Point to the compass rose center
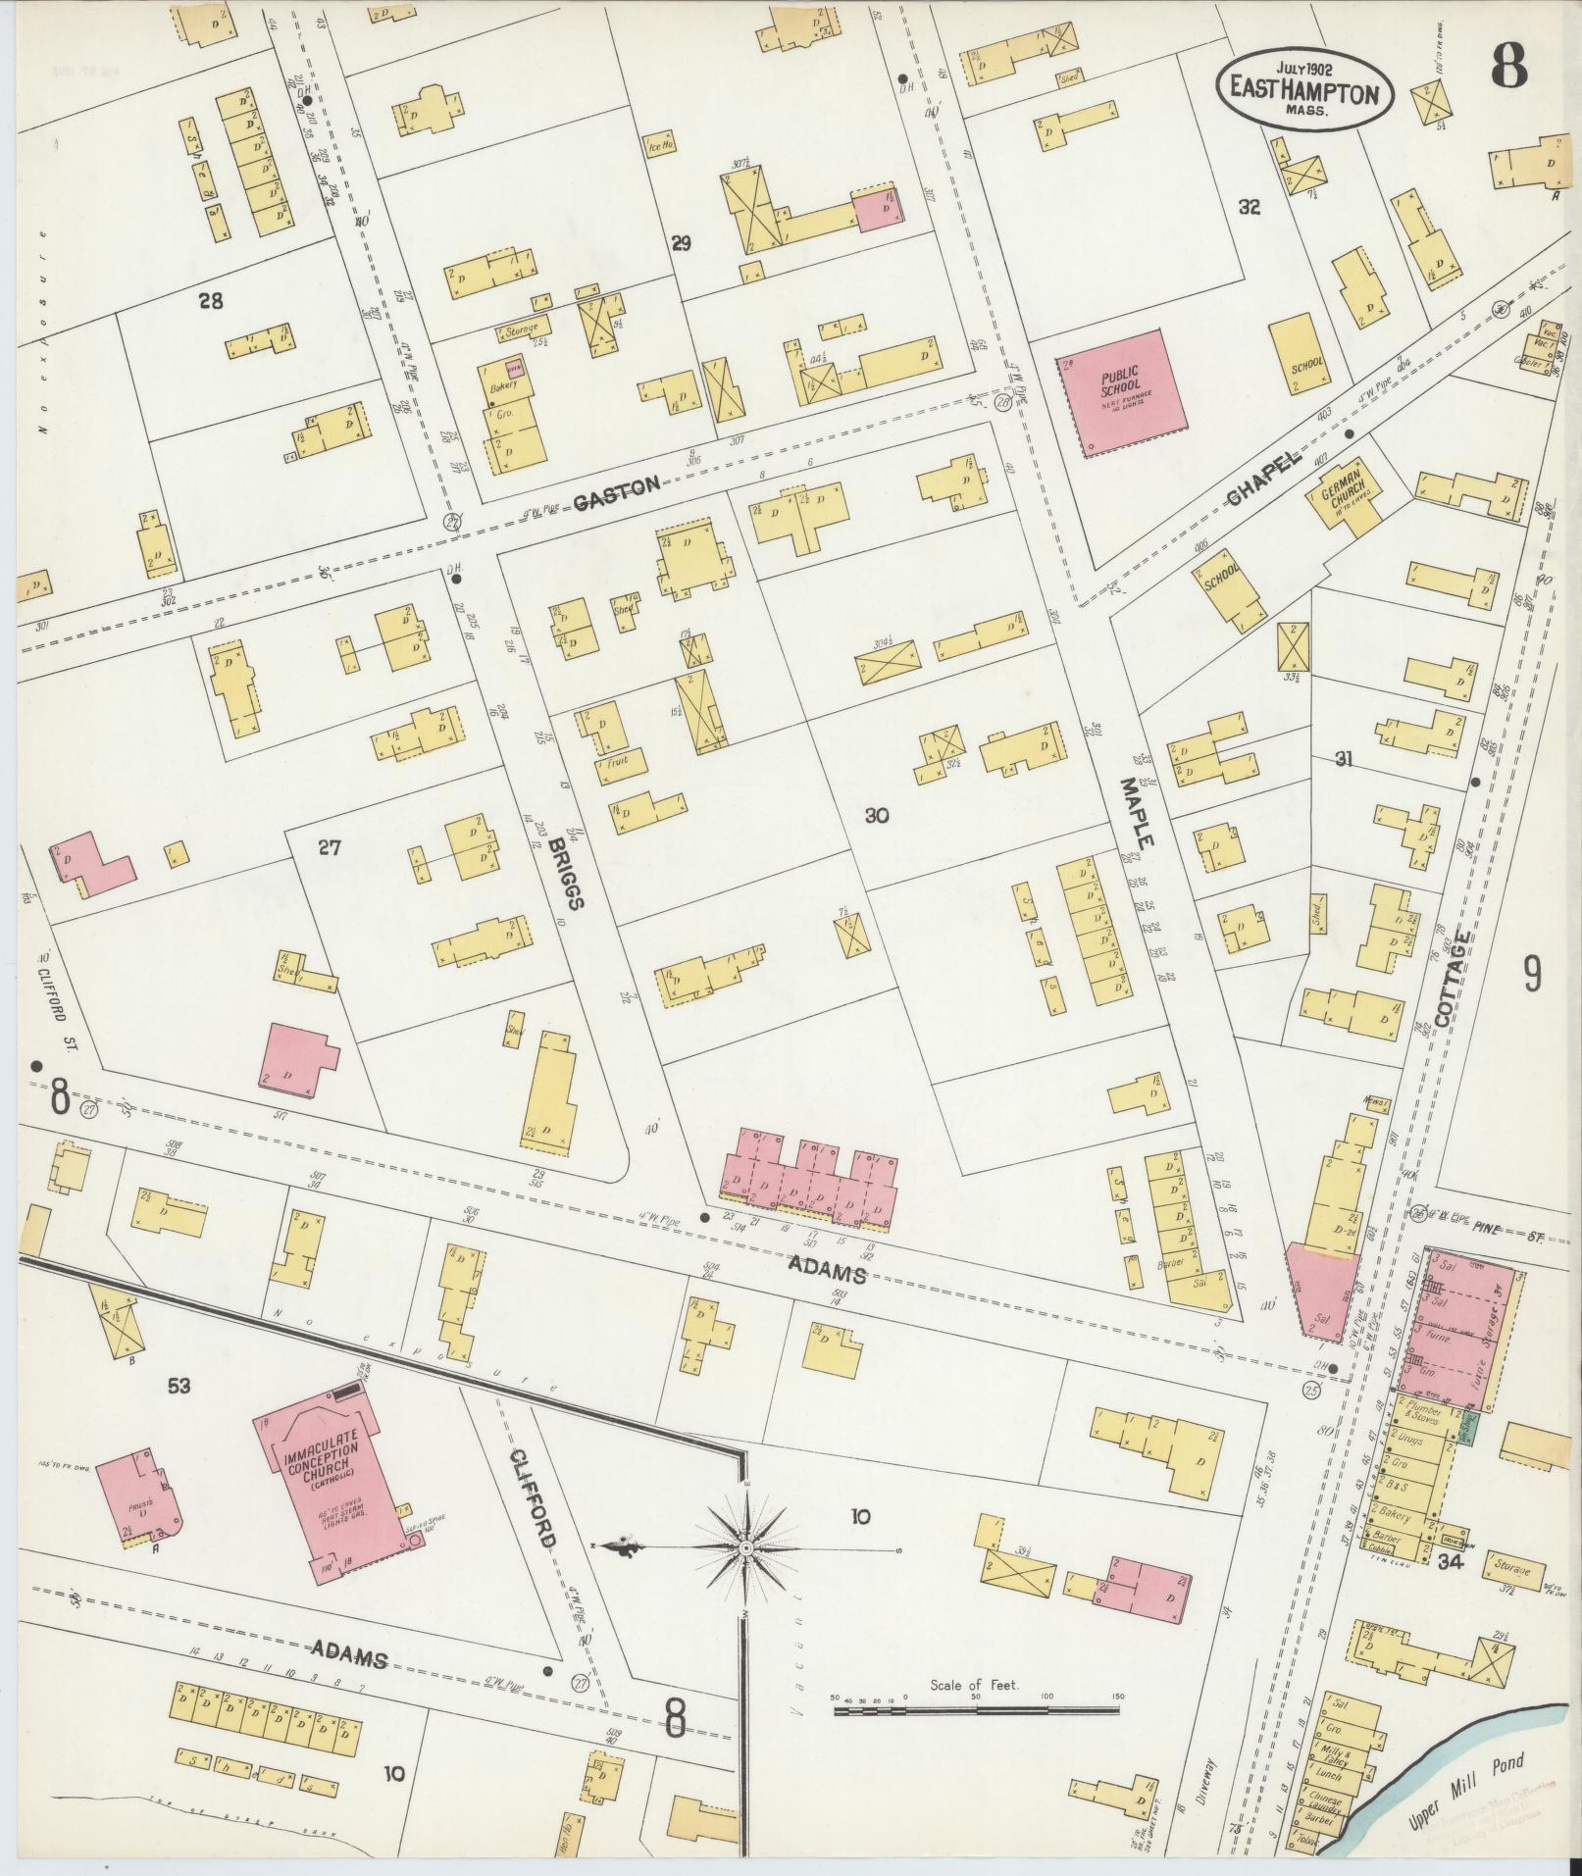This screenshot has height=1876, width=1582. click(x=744, y=1547)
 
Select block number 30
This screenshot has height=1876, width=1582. click(x=876, y=815)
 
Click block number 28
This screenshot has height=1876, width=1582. click(x=210, y=301)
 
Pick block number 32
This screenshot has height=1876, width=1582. click(x=1248, y=207)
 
